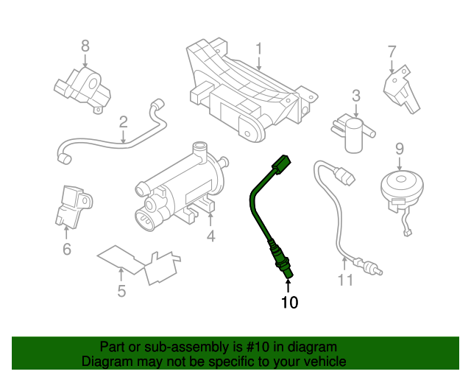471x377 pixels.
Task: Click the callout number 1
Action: pos(258,49)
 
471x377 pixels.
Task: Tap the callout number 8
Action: pos(85,46)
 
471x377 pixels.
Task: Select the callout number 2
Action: pos(124,121)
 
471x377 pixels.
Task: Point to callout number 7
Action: pos(392,52)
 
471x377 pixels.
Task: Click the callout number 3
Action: pos(355,96)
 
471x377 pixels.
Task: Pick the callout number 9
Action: pos(400,149)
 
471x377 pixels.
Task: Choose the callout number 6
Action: pos(67,249)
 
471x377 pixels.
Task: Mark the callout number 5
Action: pos(121,292)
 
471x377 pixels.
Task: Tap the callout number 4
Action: pos(210,236)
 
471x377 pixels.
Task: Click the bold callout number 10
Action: pos(289,302)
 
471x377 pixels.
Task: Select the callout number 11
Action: pos(345,280)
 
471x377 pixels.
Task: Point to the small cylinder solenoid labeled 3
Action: pos(356,135)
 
